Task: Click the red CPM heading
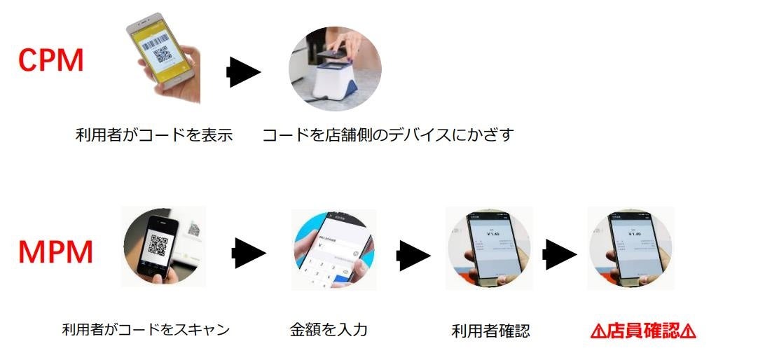point(50,61)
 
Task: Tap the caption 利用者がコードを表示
point(153,135)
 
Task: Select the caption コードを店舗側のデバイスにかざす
point(387,135)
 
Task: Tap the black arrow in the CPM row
point(243,72)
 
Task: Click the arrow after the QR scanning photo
point(249,252)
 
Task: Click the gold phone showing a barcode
point(163,53)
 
